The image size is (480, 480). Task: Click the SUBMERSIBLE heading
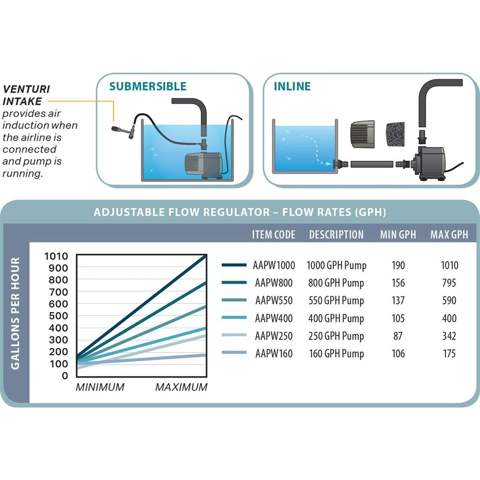click(x=148, y=86)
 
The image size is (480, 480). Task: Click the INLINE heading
click(x=292, y=86)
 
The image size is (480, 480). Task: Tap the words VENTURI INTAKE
click(x=26, y=95)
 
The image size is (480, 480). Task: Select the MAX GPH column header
click(x=449, y=235)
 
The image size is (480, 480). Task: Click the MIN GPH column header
click(x=398, y=235)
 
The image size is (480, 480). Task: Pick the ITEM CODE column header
click(x=273, y=235)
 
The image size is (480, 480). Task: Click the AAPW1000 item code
click(x=274, y=265)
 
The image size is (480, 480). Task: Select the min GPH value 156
click(x=398, y=283)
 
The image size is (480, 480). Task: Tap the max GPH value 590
click(x=449, y=300)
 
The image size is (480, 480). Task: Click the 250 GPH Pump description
click(x=336, y=336)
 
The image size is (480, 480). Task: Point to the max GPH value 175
click(x=449, y=353)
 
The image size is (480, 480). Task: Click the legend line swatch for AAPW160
click(x=234, y=352)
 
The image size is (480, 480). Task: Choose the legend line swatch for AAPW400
click(x=234, y=317)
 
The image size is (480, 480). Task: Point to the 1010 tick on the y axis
click(x=56, y=256)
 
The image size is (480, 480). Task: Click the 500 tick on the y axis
click(x=58, y=316)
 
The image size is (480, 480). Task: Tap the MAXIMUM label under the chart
click(x=181, y=387)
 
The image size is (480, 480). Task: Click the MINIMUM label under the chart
click(x=100, y=387)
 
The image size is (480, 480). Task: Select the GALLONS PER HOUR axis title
click(x=15, y=313)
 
